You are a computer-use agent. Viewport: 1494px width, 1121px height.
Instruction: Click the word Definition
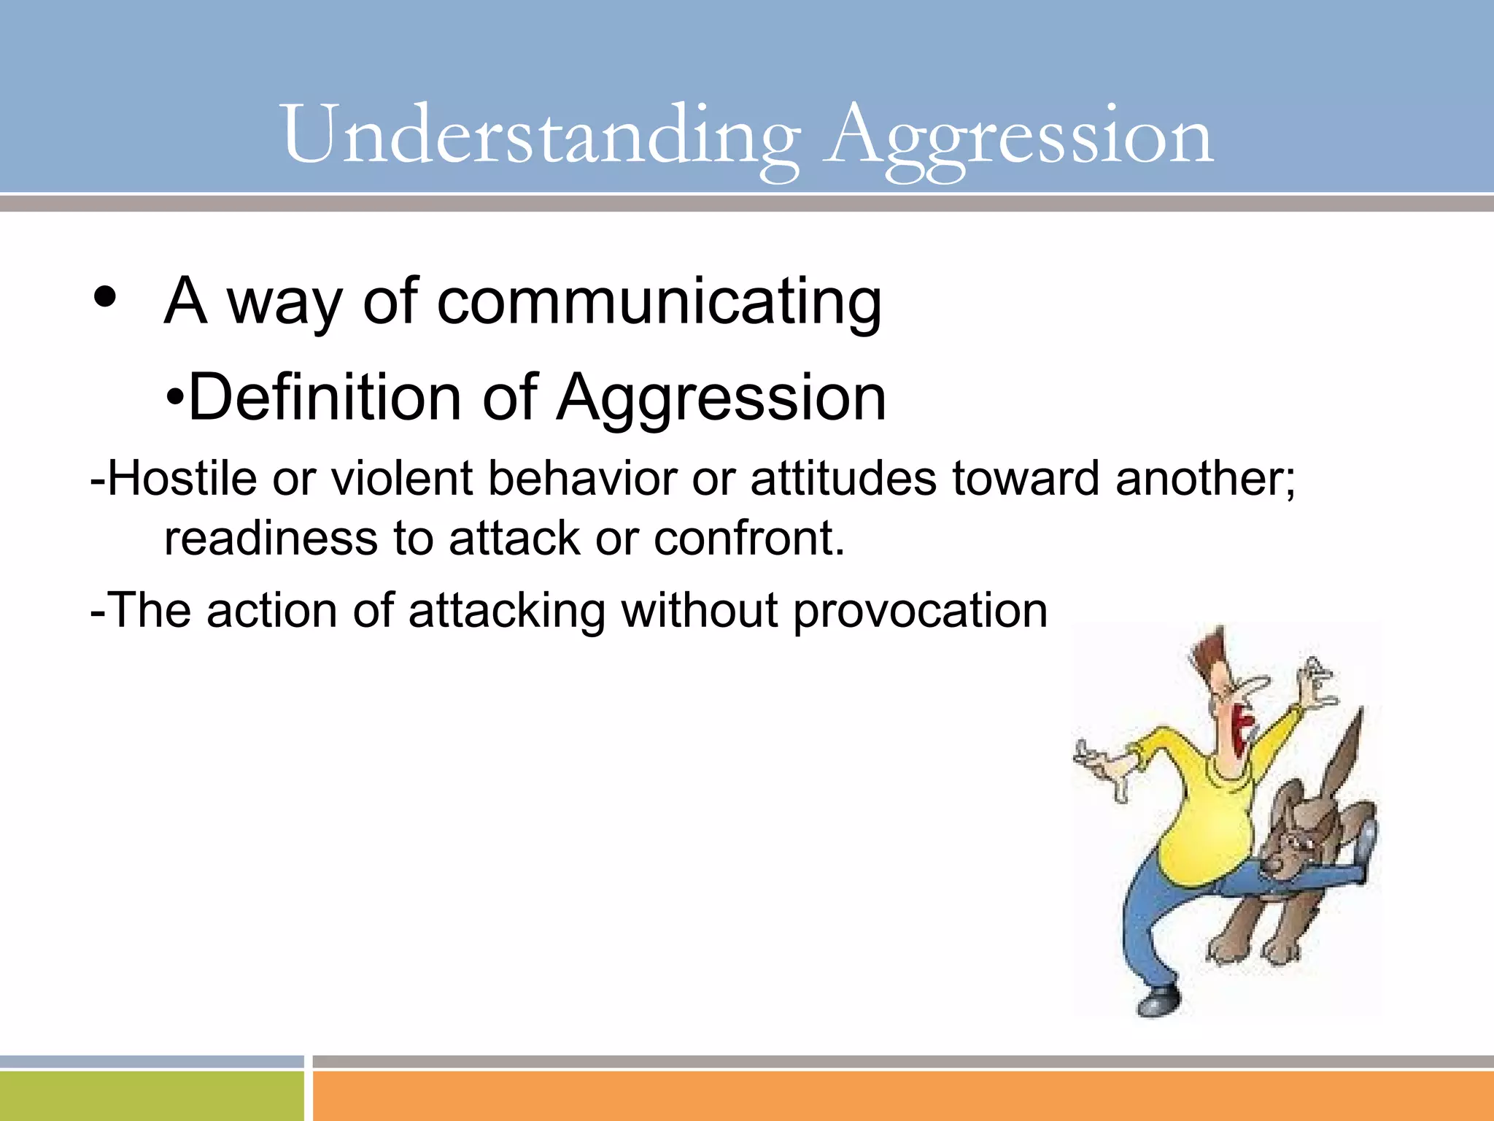coord(324,398)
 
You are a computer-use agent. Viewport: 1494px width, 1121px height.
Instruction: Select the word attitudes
coord(843,479)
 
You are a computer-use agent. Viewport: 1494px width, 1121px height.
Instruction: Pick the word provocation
coord(920,611)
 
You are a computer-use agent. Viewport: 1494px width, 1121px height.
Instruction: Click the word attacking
coord(507,611)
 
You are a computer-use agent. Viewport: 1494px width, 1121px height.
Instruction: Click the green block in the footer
coord(151,1095)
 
